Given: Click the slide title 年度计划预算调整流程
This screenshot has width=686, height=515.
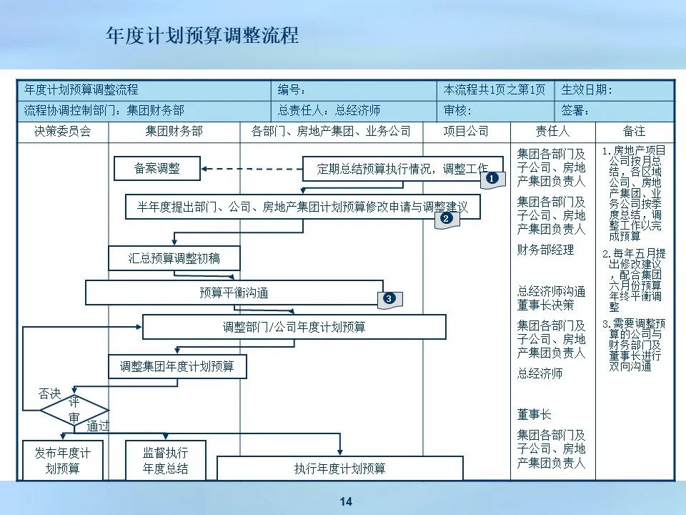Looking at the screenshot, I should pos(202,36).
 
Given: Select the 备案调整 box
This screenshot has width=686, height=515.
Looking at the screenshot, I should pos(157,169).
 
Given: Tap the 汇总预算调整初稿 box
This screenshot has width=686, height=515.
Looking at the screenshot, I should pos(174,258).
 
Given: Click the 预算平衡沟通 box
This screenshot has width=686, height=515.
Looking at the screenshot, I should pos(234,293).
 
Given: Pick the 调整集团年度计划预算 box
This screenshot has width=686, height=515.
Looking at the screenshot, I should pos(177,366).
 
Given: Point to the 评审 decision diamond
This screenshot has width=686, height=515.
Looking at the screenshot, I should pos(74,411).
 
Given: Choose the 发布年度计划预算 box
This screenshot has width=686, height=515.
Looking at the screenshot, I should pos(63,461).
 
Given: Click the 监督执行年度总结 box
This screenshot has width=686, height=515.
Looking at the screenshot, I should pos(166,461).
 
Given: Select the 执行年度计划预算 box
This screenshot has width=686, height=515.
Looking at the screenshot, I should pos(340,469).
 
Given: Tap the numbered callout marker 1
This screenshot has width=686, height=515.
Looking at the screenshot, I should pos(492,179).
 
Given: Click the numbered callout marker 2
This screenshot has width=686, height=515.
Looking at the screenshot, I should pos(447,219).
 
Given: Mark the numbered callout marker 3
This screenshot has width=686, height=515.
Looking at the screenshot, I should pos(389,298).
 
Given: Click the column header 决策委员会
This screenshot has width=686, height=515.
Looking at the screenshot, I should pos(63,132).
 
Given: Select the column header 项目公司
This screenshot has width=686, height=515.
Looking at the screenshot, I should pos(466,132).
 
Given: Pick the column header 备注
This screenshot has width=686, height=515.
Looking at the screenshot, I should pos(634,132).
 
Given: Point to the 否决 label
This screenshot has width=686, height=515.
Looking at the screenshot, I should pos(50,394).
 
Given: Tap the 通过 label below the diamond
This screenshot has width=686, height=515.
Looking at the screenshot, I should pos(98,426).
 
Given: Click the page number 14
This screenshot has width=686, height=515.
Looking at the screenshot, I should pos(346,502).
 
